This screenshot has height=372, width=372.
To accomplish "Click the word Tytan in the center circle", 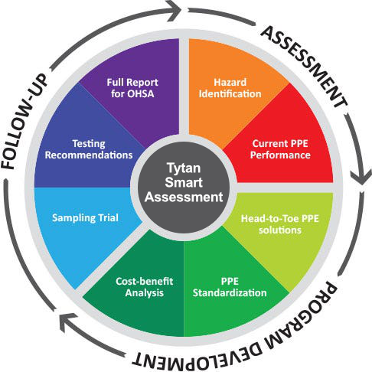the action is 184,168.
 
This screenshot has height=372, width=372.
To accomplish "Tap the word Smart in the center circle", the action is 184,182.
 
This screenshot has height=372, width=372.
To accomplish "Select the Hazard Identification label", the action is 230,88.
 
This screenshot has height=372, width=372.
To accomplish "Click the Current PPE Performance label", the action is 280,149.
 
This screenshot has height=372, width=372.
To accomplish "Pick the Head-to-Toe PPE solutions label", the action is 280,224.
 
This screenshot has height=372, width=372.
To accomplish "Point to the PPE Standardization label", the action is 230,287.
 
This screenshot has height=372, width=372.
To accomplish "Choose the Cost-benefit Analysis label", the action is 145,287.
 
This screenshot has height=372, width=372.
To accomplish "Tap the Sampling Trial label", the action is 85,218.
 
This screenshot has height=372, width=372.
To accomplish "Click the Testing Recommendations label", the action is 89,149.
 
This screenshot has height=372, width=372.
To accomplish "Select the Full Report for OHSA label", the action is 132,88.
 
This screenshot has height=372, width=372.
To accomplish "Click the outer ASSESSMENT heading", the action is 304,67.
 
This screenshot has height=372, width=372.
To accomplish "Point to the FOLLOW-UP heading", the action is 24,122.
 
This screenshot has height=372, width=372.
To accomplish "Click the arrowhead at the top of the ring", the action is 175,10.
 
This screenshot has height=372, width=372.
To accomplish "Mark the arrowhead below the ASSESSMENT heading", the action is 361,177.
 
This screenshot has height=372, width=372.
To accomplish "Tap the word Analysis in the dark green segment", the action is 145,292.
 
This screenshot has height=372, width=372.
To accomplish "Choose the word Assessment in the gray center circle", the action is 184,197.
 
